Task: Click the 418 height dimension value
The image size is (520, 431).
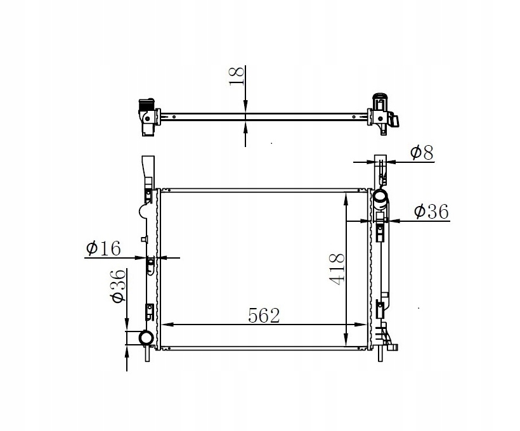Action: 336,269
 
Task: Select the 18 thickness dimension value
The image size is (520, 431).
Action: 236,75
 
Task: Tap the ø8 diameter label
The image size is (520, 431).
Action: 421,152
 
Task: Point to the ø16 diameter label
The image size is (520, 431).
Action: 103,248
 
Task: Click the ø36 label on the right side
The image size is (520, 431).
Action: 431,212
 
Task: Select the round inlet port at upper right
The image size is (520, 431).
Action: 380,198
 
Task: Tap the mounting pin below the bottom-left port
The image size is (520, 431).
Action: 146,354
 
